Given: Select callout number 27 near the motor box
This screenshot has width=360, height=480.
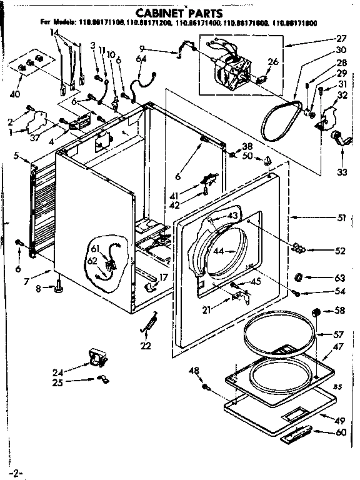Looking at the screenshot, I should click(340, 37).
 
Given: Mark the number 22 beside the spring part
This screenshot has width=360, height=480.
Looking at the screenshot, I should click(146, 346).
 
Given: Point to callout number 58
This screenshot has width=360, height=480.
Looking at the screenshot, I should click(339, 309).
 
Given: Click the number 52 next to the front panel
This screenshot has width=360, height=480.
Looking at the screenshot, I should click(339, 251).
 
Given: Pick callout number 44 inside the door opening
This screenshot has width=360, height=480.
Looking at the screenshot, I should click(217, 252).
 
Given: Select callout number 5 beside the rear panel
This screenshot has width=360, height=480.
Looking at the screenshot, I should click(14, 156).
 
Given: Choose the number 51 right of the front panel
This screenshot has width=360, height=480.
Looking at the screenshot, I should click(340, 218).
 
